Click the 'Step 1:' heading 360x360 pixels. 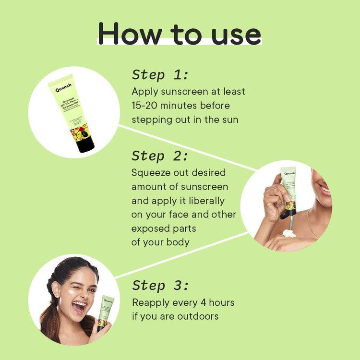pos(160,75)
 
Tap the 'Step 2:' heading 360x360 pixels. pos(160,156)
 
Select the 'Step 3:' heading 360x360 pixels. pos(160,286)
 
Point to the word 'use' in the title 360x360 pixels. pos(235,34)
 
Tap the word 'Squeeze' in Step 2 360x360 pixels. pos(152,172)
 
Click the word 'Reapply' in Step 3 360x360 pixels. pos(151,303)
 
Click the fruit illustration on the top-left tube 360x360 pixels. pos(79,131)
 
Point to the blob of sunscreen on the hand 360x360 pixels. pos(289,233)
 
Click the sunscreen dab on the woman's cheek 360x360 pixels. pos(71,291)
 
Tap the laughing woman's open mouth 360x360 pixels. pos(79,307)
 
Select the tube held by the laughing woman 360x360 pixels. pos(105,312)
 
